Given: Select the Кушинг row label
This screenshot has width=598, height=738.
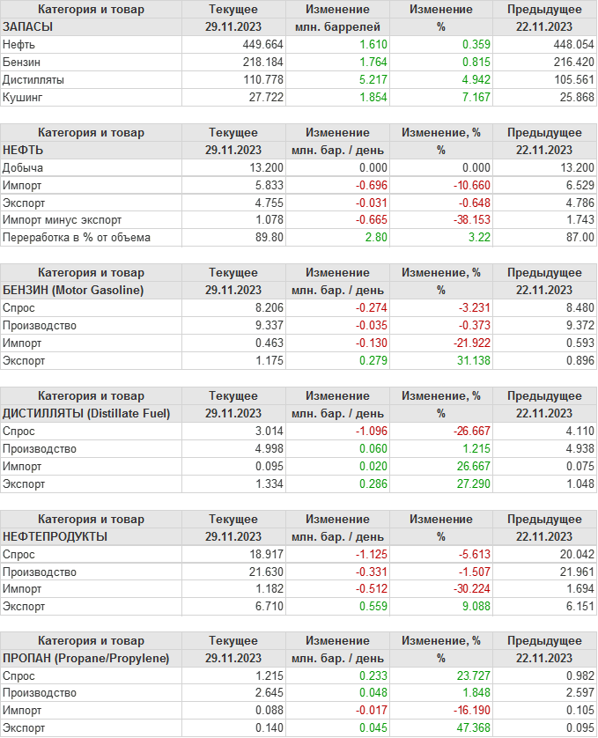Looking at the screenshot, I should point(23,97).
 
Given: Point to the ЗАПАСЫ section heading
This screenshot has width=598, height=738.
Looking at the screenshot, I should point(27,26).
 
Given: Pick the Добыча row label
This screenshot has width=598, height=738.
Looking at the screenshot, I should point(23,167).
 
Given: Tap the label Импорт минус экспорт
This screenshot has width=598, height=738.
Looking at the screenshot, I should point(63,219).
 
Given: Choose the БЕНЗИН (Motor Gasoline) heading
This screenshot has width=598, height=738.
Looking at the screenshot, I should point(73,290).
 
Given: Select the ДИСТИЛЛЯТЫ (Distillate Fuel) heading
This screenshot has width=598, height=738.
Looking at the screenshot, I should point(86,413).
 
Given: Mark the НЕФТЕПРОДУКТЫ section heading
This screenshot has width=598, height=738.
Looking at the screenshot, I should point(55,536).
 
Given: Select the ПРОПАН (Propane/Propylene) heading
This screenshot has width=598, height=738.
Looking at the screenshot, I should point(86,658).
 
